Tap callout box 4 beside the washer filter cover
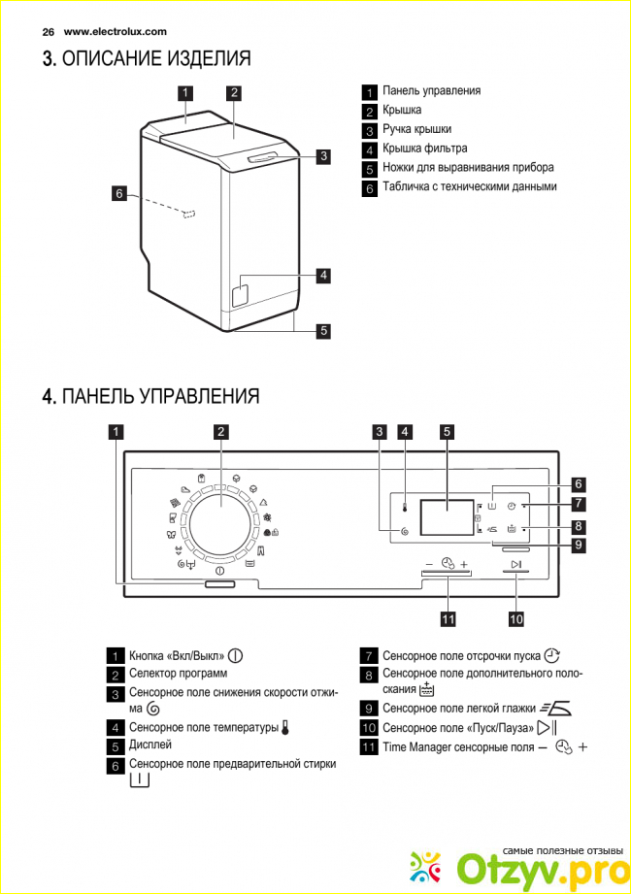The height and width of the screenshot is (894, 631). [322, 275]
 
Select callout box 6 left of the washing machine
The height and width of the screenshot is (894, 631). [119, 194]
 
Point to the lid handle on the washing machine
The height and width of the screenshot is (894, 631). [268, 157]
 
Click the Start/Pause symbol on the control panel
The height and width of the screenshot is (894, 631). [515, 565]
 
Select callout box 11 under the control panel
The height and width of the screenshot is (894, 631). [448, 617]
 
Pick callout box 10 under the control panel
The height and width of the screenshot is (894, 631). [516, 617]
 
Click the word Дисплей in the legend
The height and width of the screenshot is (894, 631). [150, 745]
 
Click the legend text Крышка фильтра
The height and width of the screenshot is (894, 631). [425, 149]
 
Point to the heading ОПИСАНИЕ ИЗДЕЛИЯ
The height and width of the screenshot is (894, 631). [156, 59]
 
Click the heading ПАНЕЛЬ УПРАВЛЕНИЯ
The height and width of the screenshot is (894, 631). [160, 396]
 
